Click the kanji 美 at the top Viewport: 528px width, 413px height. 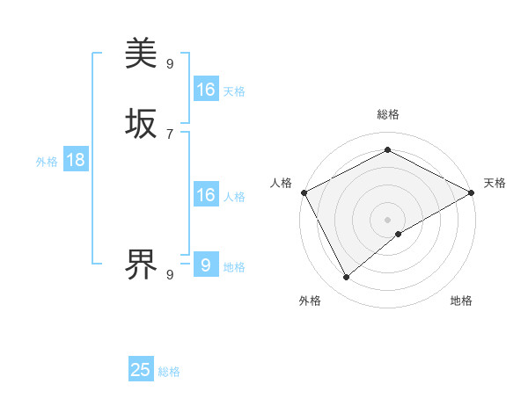(x=141, y=54)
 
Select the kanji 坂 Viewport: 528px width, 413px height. (x=141, y=124)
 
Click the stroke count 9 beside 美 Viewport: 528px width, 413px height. (x=170, y=64)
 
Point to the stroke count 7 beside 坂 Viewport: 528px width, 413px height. (x=170, y=134)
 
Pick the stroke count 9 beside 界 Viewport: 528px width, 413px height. (x=170, y=274)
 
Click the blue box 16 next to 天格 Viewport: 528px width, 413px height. (x=206, y=90)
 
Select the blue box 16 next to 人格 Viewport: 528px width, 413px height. (x=206, y=195)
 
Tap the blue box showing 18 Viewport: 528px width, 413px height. (x=76, y=160)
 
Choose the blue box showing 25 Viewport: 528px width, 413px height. (x=141, y=370)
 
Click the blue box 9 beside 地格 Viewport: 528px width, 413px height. (x=206, y=264)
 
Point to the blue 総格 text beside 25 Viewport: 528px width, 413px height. (x=170, y=372)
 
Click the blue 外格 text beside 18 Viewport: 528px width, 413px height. (x=47, y=162)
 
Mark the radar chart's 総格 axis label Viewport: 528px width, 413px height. (x=388, y=114)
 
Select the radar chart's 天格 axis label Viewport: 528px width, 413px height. (x=495, y=183)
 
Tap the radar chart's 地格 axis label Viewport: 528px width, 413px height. (x=461, y=301)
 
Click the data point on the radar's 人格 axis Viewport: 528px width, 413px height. (x=304, y=192)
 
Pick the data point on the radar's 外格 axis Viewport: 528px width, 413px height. (x=347, y=278)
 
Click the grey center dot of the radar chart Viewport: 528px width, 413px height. (x=388, y=220)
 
